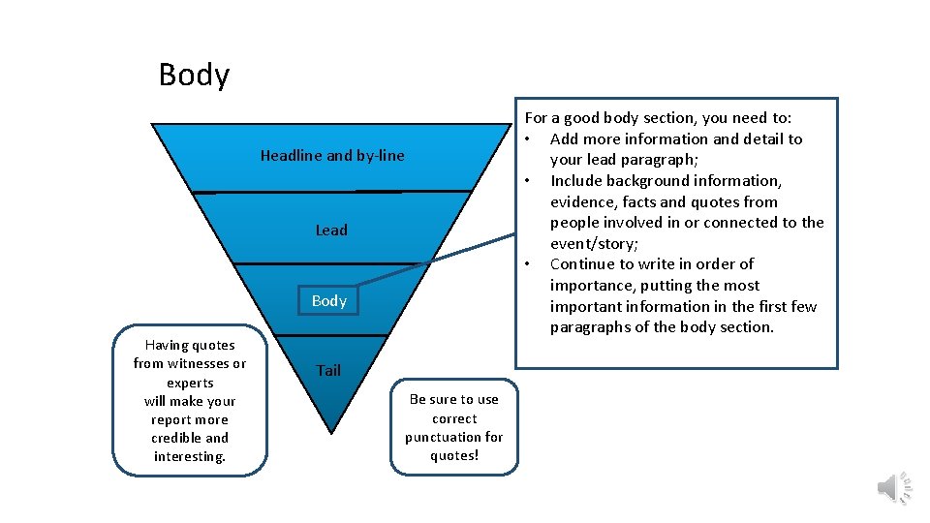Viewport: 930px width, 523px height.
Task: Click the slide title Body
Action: pyautogui.click(x=194, y=76)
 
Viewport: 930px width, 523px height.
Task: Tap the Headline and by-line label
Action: pyautogui.click(x=332, y=156)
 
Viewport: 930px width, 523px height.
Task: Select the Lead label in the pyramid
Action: pyautogui.click(x=331, y=231)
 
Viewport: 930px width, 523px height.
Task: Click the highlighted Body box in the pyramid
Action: pyautogui.click(x=329, y=300)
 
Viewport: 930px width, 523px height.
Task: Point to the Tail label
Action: pyautogui.click(x=328, y=370)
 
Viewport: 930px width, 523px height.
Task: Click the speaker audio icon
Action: pyautogui.click(x=893, y=487)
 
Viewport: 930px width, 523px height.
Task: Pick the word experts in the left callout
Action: pyautogui.click(x=190, y=383)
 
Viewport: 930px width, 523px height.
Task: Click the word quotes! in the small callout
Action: pyautogui.click(x=454, y=455)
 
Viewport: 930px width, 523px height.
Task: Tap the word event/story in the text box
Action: pyautogui.click(x=593, y=244)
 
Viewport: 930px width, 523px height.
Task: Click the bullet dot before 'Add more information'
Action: pyautogui.click(x=529, y=139)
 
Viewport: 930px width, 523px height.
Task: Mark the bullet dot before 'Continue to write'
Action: pyautogui.click(x=529, y=264)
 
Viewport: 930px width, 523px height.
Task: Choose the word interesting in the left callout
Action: pyautogui.click(x=189, y=456)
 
